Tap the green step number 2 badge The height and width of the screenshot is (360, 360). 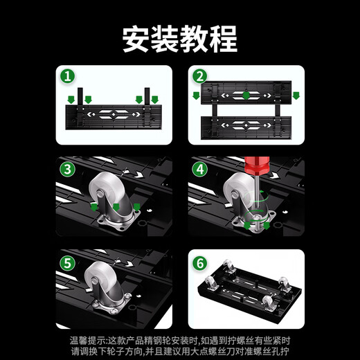click(x=199, y=75)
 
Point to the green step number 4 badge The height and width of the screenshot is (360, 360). click(x=199, y=169)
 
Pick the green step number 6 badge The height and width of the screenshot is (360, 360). click(x=199, y=264)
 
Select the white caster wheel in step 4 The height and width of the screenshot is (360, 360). click(x=239, y=193)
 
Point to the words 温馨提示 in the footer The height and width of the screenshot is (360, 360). click(x=88, y=340)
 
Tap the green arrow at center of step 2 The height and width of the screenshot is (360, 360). click(x=246, y=94)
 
